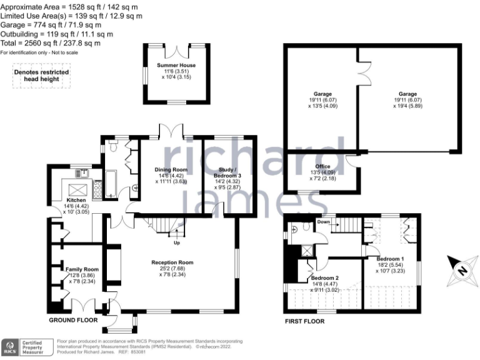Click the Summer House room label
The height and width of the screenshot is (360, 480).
coord(176,65)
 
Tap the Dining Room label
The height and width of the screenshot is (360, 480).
coord(171,169)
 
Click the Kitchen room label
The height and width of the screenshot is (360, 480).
coord(76,201)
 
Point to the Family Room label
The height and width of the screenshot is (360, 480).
coord(82,269)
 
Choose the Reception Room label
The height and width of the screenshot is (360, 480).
coord(172,262)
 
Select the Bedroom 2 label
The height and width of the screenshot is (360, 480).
coord(325,277)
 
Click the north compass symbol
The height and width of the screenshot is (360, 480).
coord(461,270)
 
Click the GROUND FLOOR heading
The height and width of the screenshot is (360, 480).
coord(74,320)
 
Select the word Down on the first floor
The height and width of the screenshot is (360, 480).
coord(323,222)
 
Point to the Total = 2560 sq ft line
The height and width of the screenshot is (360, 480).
coord(50,43)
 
